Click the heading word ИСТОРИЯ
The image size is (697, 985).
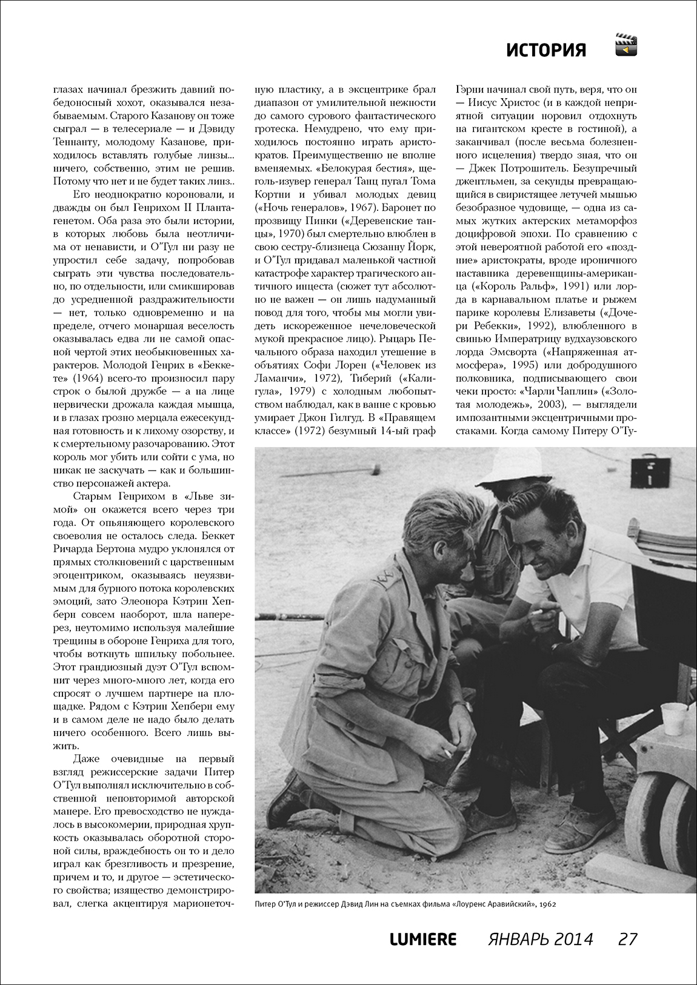click(x=546, y=50)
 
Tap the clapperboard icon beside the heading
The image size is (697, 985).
click(x=627, y=45)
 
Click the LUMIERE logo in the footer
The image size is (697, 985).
click(x=422, y=939)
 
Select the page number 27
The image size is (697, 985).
click(x=627, y=939)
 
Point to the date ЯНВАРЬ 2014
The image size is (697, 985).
click(x=540, y=939)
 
